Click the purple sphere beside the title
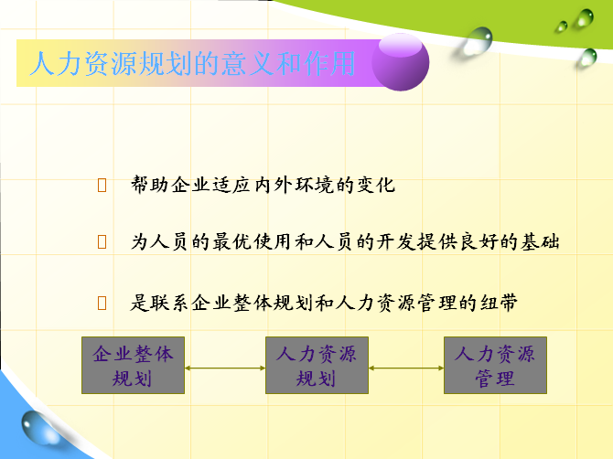[x=400, y=62]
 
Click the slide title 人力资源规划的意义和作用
[x=192, y=63]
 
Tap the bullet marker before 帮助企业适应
[x=102, y=186]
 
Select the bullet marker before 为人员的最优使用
[x=102, y=241]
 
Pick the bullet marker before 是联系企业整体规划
[x=102, y=303]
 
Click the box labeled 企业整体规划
[x=133, y=365]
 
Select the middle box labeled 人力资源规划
[x=317, y=365]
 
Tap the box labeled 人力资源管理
[x=495, y=365]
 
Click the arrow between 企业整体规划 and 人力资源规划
[x=225, y=368]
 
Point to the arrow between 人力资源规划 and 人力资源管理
[x=406, y=368]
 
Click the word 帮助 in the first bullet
[x=150, y=185]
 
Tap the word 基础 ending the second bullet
[x=541, y=241]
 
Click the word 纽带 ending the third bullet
[x=499, y=303]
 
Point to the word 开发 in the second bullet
[x=395, y=241]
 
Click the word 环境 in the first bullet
[x=314, y=185]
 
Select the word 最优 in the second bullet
[x=231, y=241]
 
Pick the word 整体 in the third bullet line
[x=253, y=303]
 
